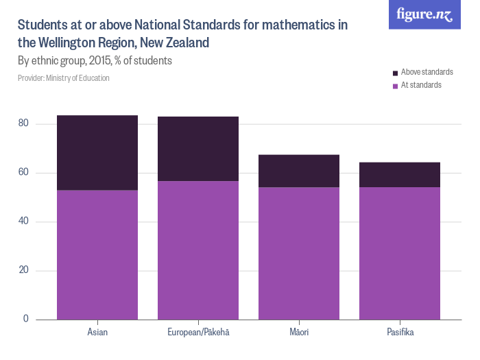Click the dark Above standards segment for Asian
tap(97, 153)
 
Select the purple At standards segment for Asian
tap(97, 254)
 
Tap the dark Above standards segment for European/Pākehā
tap(198, 149)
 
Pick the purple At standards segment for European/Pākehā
tap(198, 250)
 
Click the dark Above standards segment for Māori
tap(299, 171)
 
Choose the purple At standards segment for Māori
tap(299, 253)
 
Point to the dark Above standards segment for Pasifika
tap(400, 175)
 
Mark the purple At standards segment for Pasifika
tap(400, 253)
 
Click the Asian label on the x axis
tap(97, 333)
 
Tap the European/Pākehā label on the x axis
tap(198, 333)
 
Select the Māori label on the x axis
tap(299, 333)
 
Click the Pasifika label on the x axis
tap(400, 333)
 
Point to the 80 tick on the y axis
tap(24, 124)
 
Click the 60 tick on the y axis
tap(24, 173)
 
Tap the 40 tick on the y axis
tap(24, 221)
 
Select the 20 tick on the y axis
tap(24, 270)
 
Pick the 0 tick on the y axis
tap(27, 319)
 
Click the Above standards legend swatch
tap(395, 73)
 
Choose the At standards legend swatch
tap(395, 86)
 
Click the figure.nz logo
tap(424, 14)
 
